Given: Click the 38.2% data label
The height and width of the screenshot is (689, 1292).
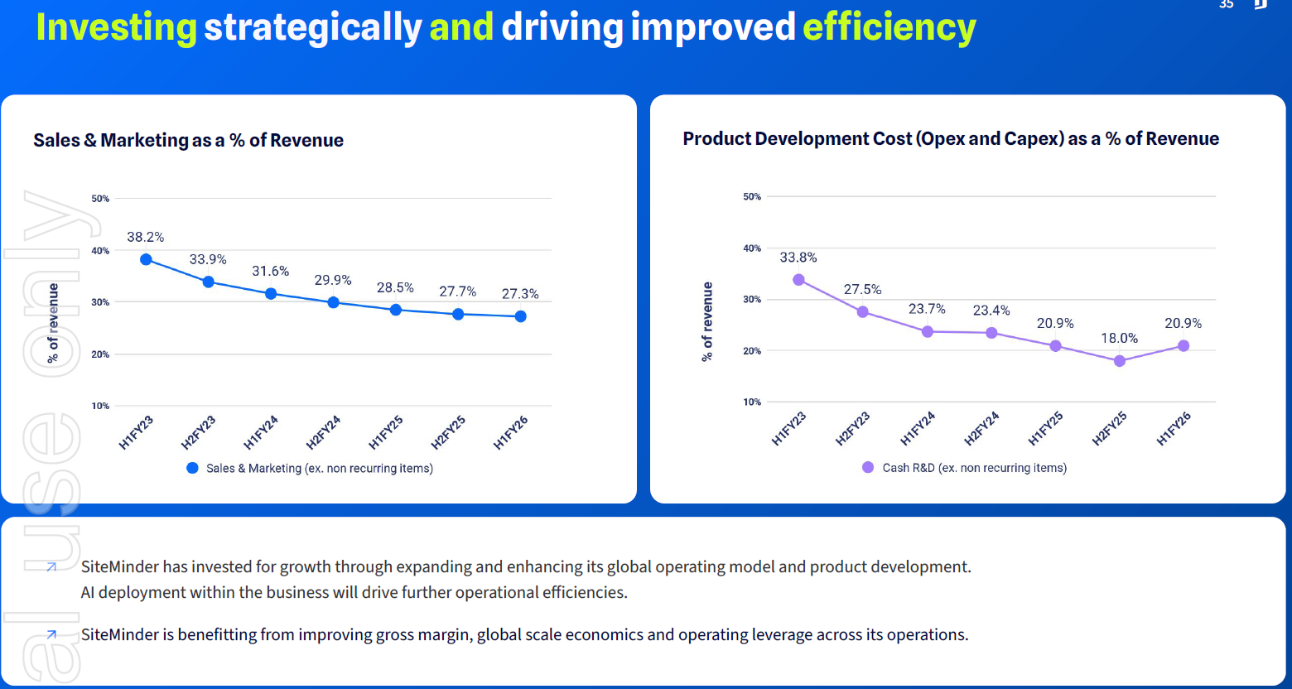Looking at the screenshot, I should coord(145,237).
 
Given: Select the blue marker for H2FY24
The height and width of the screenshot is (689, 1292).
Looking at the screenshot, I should coord(333,302).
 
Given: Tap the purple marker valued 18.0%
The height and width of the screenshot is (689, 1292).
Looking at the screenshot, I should coord(1120,361).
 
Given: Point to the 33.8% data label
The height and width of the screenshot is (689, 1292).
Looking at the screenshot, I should coord(798,258).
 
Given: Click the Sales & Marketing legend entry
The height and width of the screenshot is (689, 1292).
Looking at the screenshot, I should coord(310,468).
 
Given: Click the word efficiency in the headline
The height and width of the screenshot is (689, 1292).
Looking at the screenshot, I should coord(889,26).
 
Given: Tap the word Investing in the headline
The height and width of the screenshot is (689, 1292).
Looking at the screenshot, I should coord(116,26).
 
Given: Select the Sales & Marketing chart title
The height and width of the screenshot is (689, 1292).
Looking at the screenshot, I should coord(188,140).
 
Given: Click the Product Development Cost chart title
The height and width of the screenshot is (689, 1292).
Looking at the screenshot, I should coord(950,138).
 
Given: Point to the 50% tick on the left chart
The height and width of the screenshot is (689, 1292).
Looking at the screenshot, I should coord(100,199).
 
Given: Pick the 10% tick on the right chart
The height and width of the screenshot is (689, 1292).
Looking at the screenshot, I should coord(751,402).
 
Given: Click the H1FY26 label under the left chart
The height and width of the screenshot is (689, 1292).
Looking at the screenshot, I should coord(511,433).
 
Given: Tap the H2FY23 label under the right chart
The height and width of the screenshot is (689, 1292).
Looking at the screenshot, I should coord(852,429).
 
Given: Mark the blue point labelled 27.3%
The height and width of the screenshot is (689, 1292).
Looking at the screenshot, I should coord(520,316).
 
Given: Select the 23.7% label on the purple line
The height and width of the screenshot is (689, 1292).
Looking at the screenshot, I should coord(926,309).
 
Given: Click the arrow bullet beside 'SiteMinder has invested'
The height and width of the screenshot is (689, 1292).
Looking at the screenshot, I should coord(51,567).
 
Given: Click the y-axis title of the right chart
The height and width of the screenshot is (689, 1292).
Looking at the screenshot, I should coord(707,321).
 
